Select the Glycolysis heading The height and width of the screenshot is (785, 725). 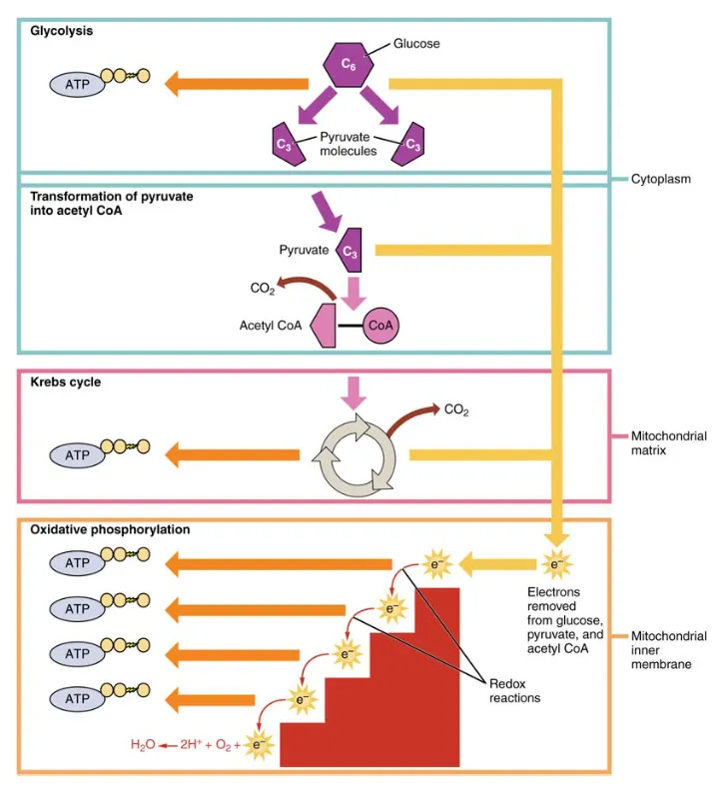point(62,31)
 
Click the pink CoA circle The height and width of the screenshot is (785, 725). point(380,326)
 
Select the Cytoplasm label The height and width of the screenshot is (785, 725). point(661,180)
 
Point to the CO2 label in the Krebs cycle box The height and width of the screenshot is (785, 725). point(455,409)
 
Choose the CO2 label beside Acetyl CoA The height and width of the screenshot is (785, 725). point(263,290)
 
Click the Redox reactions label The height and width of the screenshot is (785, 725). point(514,690)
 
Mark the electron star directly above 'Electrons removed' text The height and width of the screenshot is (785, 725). point(556,565)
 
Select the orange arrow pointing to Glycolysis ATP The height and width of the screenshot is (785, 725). point(210,84)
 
